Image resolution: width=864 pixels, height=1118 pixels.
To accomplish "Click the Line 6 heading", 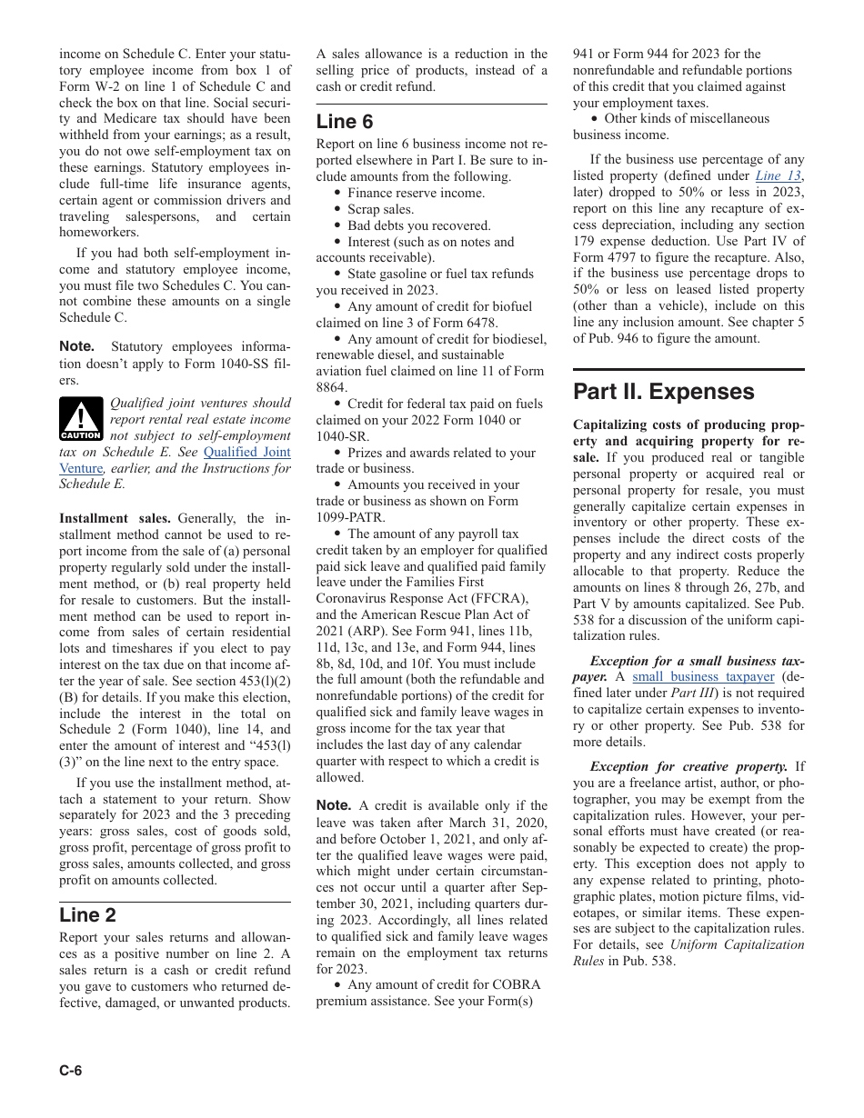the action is pos(345,122).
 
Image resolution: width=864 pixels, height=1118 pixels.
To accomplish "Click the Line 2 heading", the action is pos(87,915).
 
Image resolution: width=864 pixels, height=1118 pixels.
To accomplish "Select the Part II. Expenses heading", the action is pos(663,392).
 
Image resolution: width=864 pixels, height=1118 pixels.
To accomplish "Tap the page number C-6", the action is pos(71,1070).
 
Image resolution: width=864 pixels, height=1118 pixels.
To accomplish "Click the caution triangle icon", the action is pos(81,419).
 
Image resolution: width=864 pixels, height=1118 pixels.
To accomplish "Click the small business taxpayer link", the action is pos(703,677).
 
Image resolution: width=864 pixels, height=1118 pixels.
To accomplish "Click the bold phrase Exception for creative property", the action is pos(688,766).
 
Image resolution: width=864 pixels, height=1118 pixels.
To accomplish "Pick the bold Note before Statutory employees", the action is pos(77,346).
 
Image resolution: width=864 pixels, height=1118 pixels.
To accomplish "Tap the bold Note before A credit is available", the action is pos(334,805).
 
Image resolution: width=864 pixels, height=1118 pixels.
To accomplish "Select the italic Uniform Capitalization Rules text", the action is pos(738,944).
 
